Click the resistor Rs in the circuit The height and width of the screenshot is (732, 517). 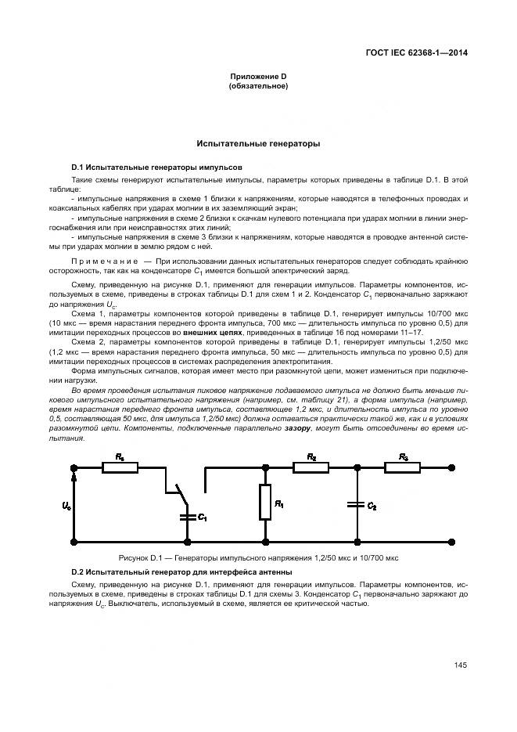(x=120, y=467)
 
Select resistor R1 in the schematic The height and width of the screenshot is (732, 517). (x=265, y=502)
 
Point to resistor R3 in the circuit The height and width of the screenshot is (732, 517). (x=402, y=467)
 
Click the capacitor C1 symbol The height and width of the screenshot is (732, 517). (x=187, y=517)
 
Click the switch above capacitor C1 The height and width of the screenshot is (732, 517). (x=181, y=493)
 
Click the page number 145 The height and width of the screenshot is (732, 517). (x=460, y=665)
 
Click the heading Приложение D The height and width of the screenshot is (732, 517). (x=257, y=76)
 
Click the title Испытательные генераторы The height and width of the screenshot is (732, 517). (x=258, y=144)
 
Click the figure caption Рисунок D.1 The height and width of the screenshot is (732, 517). (x=258, y=558)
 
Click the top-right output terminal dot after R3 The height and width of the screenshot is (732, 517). (x=456, y=467)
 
